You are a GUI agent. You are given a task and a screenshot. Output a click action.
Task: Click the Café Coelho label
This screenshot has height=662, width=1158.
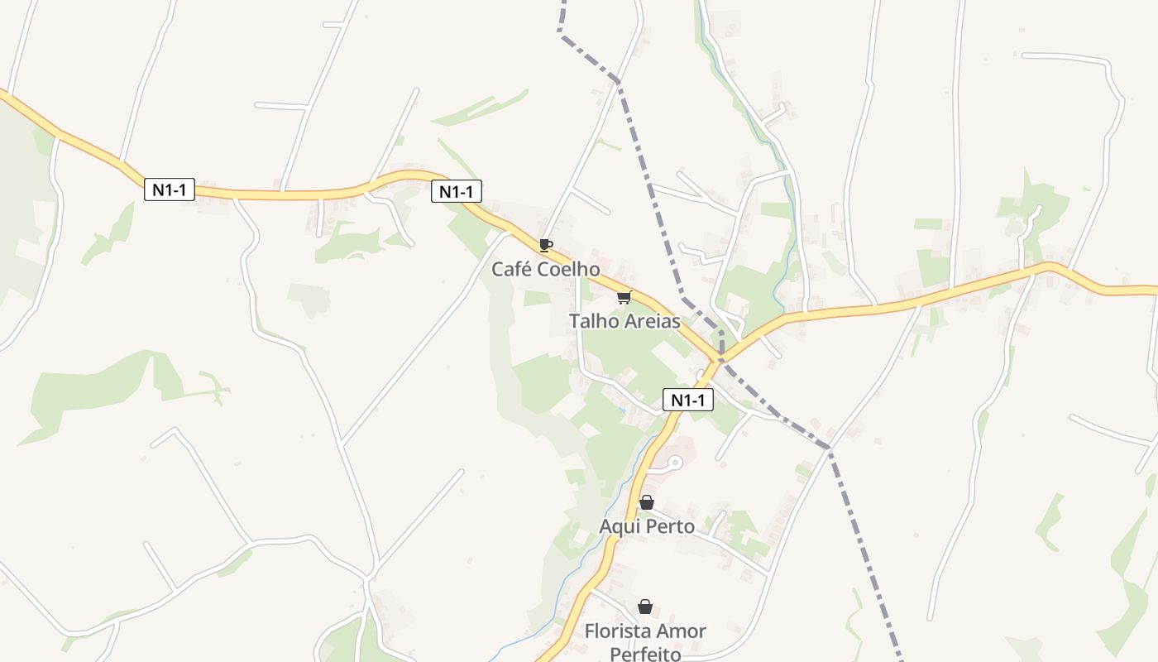coord(545,269)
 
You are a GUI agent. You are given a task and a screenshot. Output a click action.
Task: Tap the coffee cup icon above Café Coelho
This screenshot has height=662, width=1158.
coord(545,245)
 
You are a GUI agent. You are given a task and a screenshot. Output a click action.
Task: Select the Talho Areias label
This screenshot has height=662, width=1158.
coord(624,321)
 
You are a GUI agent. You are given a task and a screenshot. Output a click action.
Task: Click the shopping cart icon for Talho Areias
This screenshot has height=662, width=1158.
coord(624,298)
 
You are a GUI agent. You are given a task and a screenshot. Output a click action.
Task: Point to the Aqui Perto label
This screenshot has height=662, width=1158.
coord(647,526)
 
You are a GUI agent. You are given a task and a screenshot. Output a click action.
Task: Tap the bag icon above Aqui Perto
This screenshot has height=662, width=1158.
coord(647,502)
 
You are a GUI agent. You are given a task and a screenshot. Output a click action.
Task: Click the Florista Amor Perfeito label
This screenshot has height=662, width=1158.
coord(645,642)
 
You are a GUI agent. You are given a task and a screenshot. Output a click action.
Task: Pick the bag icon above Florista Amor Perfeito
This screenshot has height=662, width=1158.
coord(645,607)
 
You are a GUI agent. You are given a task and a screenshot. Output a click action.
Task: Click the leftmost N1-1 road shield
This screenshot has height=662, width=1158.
coord(170,189)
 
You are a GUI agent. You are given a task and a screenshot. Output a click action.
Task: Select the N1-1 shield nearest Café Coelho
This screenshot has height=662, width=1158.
coord(457,192)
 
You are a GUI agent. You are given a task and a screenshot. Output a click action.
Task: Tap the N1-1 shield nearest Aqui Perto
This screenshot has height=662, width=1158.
coord(688,401)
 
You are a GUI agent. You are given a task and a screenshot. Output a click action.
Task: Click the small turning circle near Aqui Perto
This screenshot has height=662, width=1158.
coord(675,463)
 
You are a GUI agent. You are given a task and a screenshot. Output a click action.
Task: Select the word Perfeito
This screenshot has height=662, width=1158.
coord(645,654)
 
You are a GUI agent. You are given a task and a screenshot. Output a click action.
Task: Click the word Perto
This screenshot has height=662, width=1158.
coord(671,526)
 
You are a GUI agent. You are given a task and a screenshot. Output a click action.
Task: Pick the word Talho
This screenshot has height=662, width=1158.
coord(591,321)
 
